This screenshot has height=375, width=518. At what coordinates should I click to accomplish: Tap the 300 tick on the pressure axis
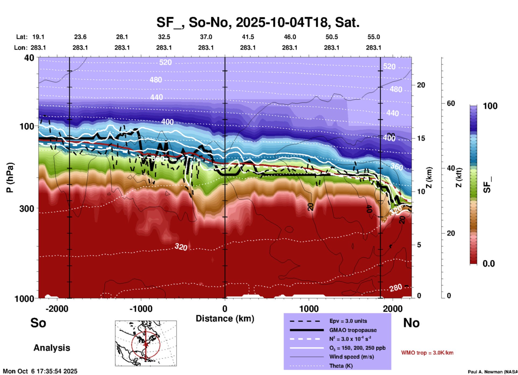(x=27, y=208)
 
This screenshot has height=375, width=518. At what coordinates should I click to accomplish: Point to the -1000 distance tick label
(x=141, y=309)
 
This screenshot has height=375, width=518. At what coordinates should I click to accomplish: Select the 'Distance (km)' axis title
(x=225, y=319)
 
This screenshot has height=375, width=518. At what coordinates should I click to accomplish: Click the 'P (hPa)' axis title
(x=10, y=177)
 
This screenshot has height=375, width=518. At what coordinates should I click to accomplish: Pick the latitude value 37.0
(x=206, y=37)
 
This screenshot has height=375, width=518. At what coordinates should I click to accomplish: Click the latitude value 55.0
(x=374, y=37)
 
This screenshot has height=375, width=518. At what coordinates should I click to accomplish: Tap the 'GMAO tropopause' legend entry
(x=353, y=330)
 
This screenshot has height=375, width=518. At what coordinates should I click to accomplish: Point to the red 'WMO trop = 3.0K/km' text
(x=427, y=353)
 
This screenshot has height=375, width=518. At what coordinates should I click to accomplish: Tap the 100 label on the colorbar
(x=490, y=106)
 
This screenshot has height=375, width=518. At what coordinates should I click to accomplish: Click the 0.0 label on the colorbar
(x=489, y=264)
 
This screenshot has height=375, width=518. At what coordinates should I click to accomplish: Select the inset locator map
(x=146, y=343)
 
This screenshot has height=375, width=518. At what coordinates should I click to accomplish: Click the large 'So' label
(x=38, y=323)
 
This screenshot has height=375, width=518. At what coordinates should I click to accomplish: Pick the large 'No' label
(x=411, y=323)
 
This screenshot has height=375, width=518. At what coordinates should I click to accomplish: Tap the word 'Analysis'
(x=52, y=348)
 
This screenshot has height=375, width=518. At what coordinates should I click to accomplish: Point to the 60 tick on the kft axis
(x=451, y=103)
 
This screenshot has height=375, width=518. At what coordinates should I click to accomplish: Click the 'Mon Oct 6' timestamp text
(x=40, y=371)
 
